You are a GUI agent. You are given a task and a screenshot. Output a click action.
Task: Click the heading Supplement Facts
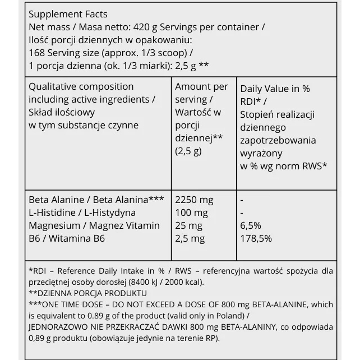68,14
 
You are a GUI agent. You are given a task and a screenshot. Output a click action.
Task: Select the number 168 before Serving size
36,53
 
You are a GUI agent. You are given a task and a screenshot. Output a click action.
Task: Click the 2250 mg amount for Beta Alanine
194,200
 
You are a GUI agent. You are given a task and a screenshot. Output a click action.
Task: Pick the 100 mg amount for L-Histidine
191,213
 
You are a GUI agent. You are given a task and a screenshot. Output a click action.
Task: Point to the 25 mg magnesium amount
188,225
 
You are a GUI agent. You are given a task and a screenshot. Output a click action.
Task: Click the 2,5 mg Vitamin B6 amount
190,238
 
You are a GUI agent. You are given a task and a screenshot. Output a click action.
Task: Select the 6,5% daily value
250,225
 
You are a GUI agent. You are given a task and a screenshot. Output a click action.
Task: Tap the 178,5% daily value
256,238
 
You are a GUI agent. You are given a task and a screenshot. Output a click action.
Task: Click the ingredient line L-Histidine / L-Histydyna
82,213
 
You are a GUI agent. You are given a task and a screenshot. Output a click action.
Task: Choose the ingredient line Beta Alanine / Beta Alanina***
96,200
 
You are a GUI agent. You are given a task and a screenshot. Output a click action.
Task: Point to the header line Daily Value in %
275,89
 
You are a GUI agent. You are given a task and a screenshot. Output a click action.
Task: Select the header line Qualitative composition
81,86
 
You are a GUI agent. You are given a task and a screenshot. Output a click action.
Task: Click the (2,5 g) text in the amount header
188,151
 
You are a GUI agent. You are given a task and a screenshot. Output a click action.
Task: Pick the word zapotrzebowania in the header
278,140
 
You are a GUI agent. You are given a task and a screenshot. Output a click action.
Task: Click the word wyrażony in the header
261,153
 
